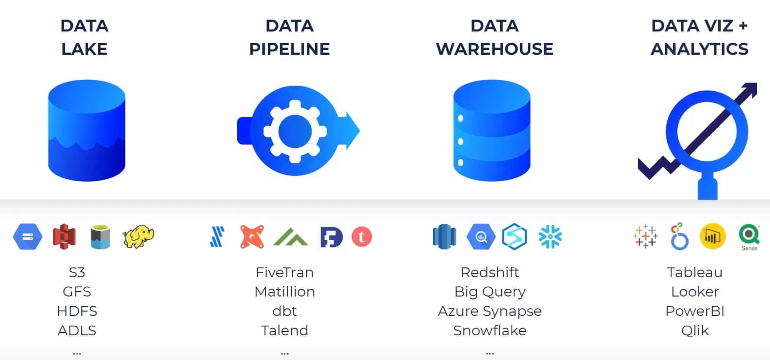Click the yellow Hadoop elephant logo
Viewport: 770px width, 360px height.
[x=138, y=237]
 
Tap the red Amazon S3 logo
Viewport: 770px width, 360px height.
[x=64, y=237]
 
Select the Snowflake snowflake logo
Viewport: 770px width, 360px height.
[x=550, y=237]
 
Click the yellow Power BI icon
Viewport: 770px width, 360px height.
[x=713, y=237]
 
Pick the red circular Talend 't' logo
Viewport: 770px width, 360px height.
[x=361, y=237]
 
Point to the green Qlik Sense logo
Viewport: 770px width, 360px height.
[x=749, y=236]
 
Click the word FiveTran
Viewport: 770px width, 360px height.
[x=284, y=272]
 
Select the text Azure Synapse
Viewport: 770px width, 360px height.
[x=489, y=311]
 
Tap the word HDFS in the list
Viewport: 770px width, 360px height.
[x=77, y=311]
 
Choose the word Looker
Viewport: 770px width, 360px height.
[x=694, y=292]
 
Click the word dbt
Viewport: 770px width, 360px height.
[x=284, y=311]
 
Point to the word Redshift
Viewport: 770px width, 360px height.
[x=489, y=272]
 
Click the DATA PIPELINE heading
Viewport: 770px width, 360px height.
[x=289, y=37]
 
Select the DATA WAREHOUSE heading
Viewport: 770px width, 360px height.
[x=494, y=37]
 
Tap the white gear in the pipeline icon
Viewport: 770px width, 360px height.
[x=295, y=131]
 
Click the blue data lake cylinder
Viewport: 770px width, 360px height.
[x=87, y=131]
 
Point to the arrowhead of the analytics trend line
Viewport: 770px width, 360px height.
[x=750, y=90]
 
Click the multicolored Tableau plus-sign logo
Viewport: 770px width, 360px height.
[x=645, y=237]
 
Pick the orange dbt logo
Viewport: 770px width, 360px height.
[x=252, y=237]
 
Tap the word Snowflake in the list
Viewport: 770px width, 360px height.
[x=489, y=330]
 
